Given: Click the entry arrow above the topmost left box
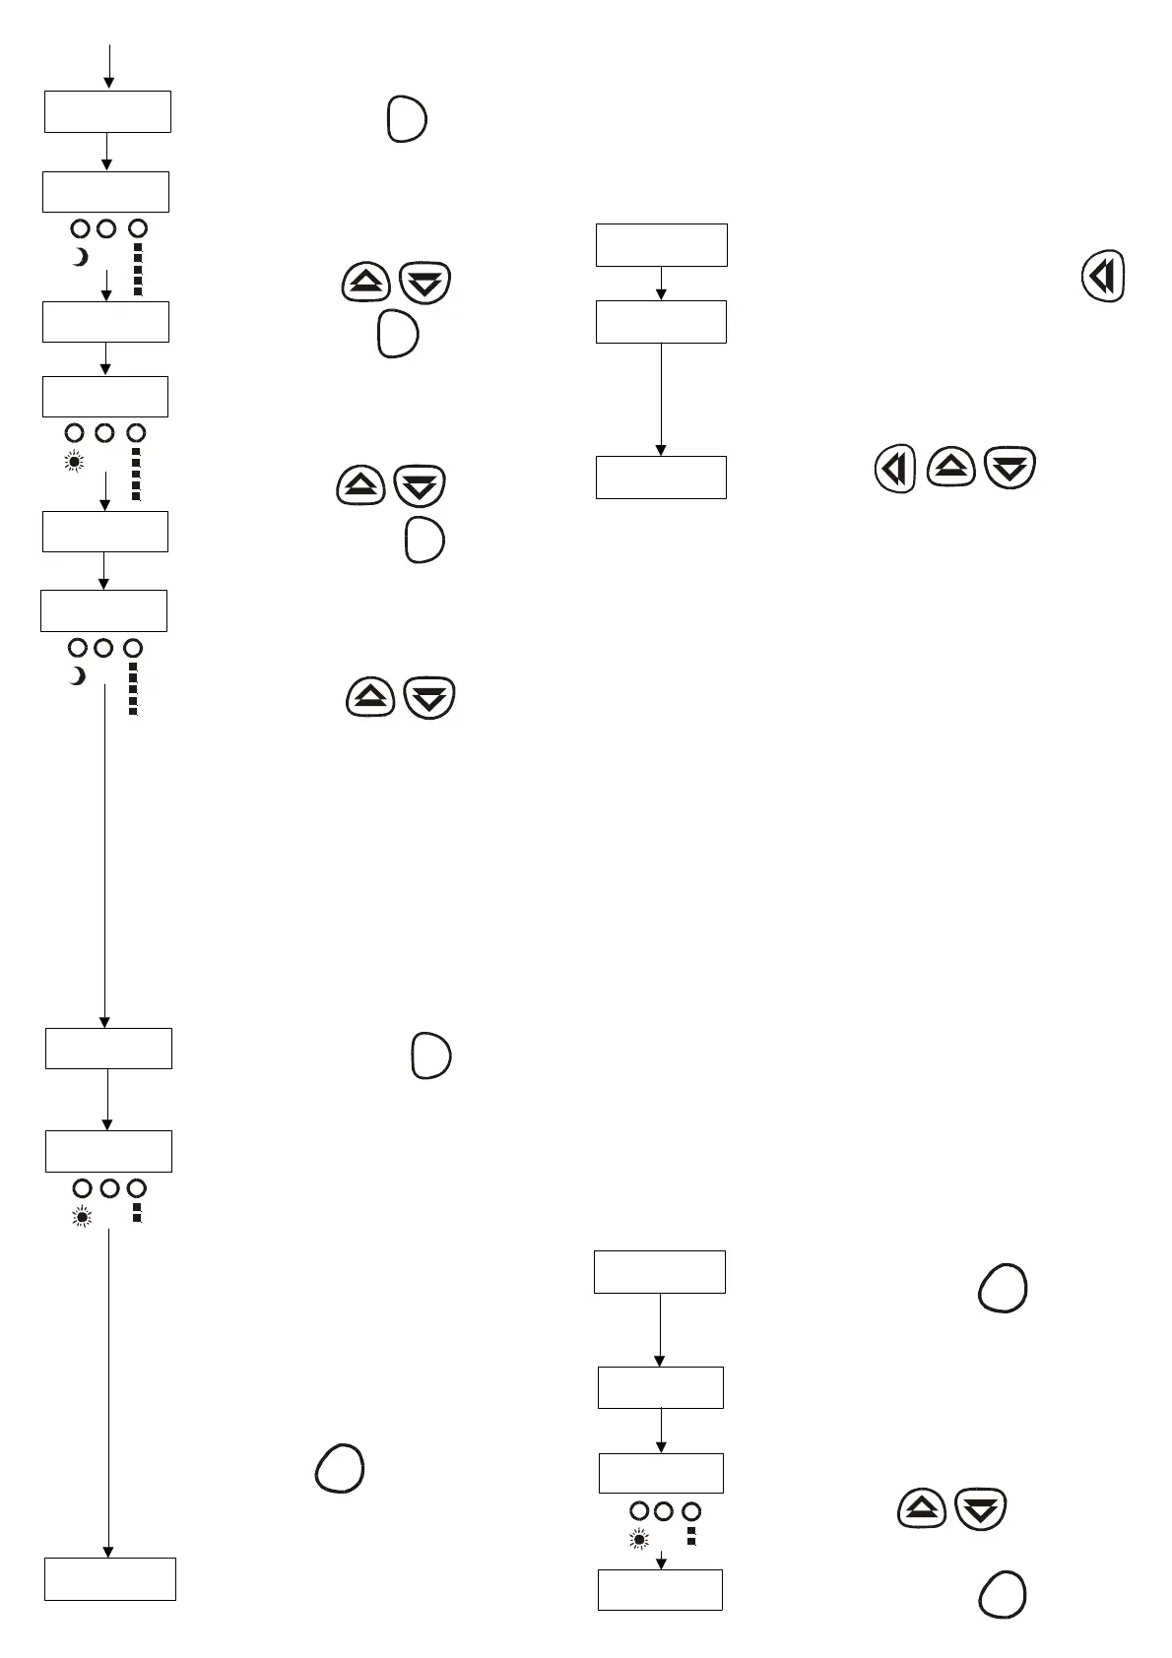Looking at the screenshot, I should [x=109, y=66].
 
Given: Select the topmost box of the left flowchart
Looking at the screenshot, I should [x=108, y=111].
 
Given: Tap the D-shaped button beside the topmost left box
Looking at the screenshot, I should [x=407, y=120].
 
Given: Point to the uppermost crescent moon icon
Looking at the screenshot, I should [x=81, y=257].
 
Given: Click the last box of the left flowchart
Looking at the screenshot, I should [x=110, y=1578].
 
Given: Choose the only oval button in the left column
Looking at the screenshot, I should [x=340, y=1468].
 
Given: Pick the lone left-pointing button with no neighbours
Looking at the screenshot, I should [x=1104, y=276].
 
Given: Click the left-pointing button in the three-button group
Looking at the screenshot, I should [x=895, y=469].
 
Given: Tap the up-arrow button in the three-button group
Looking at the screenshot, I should [x=951, y=468].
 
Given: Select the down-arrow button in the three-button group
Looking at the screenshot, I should [x=1009, y=468].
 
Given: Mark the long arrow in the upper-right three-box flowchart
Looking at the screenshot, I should [x=661, y=399].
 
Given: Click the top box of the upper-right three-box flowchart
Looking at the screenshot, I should [x=662, y=244].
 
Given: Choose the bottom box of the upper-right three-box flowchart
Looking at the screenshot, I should [x=662, y=477].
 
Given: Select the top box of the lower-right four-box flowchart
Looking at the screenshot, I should [x=660, y=1271].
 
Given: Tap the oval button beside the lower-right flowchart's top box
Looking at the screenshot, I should [x=1003, y=1288].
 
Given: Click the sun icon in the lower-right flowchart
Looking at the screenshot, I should [x=639, y=1539].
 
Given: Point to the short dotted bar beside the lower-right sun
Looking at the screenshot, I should [x=691, y=1536].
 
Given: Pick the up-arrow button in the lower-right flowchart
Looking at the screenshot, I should [x=922, y=1508].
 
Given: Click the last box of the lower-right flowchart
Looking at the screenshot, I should [x=661, y=1589].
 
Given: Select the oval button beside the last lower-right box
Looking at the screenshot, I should [x=1003, y=1594].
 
